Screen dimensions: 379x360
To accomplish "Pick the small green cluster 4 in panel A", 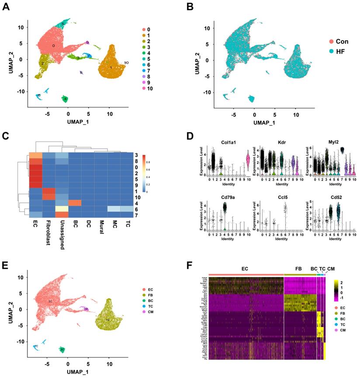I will coord(65,99).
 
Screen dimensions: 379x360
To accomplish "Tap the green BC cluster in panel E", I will coord(62,349).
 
